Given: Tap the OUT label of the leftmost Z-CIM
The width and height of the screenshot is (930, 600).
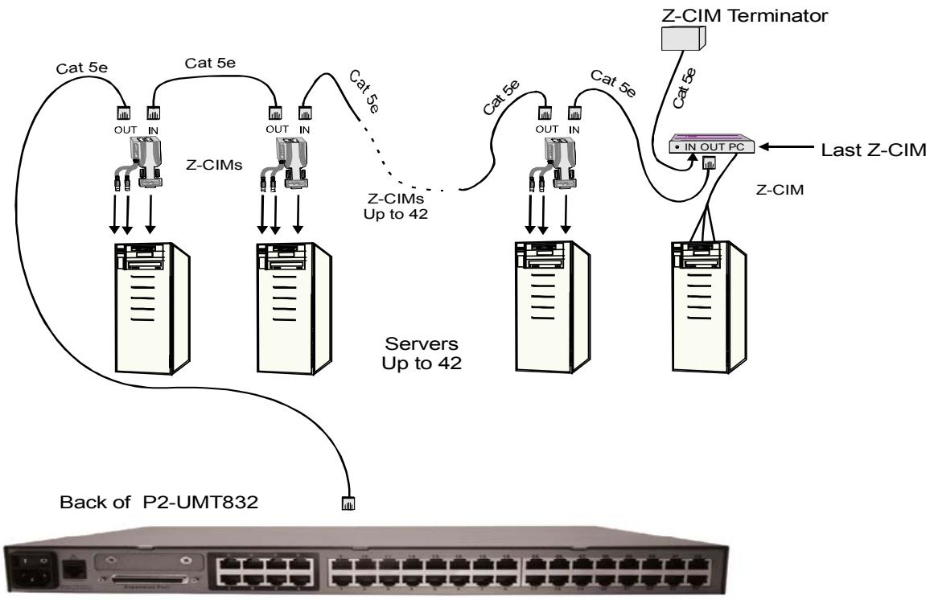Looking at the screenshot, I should point(123,126).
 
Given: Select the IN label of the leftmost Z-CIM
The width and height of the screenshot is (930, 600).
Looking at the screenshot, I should point(153,126).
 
